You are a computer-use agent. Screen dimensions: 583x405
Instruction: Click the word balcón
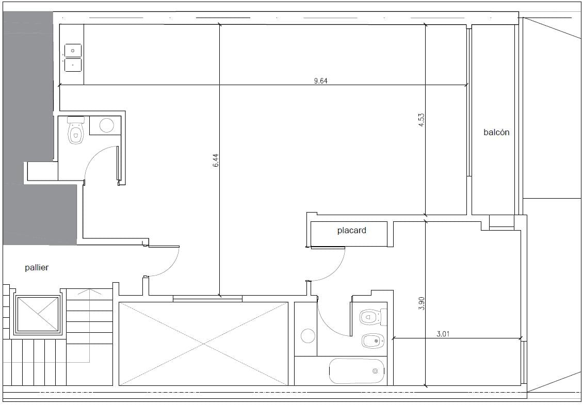coord(496,132)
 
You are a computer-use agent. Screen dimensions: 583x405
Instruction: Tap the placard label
coord(352,231)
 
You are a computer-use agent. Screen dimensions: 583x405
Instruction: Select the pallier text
coord(37,267)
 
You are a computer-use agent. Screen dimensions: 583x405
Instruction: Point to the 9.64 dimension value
coord(320,80)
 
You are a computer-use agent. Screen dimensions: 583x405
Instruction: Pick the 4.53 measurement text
coord(422,120)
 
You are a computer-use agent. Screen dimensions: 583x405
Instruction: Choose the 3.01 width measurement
coord(443,334)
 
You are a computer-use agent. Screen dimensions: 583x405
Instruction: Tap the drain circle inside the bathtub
coord(375,371)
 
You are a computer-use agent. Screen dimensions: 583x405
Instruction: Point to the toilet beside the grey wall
coord(76,130)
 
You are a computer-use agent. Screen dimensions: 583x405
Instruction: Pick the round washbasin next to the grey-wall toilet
coord(107,125)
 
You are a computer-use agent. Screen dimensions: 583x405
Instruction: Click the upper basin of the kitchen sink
coord(73,51)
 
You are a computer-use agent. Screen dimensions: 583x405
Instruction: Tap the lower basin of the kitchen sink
coord(73,64)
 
